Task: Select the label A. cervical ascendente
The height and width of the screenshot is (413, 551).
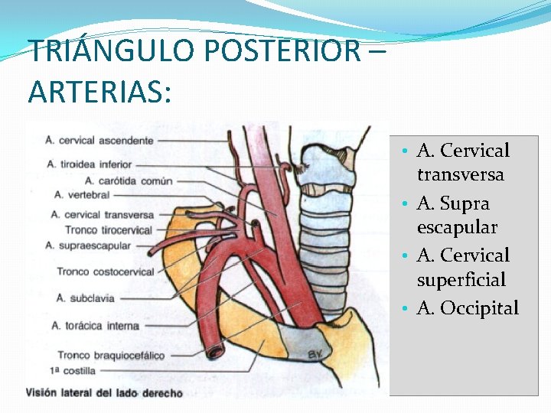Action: (99, 140)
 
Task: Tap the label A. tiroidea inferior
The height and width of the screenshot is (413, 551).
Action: (89, 164)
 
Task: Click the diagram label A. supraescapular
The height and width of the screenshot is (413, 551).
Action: (87, 245)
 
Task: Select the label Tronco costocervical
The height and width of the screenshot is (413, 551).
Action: (105, 272)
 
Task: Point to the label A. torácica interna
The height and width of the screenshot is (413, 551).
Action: (95, 326)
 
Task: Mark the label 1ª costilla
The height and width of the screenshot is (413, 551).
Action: (73, 370)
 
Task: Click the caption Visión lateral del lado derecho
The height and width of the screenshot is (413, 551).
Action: (104, 393)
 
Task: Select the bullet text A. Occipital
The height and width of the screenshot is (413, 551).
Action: (467, 308)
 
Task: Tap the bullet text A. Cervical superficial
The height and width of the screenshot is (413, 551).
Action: (462, 268)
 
